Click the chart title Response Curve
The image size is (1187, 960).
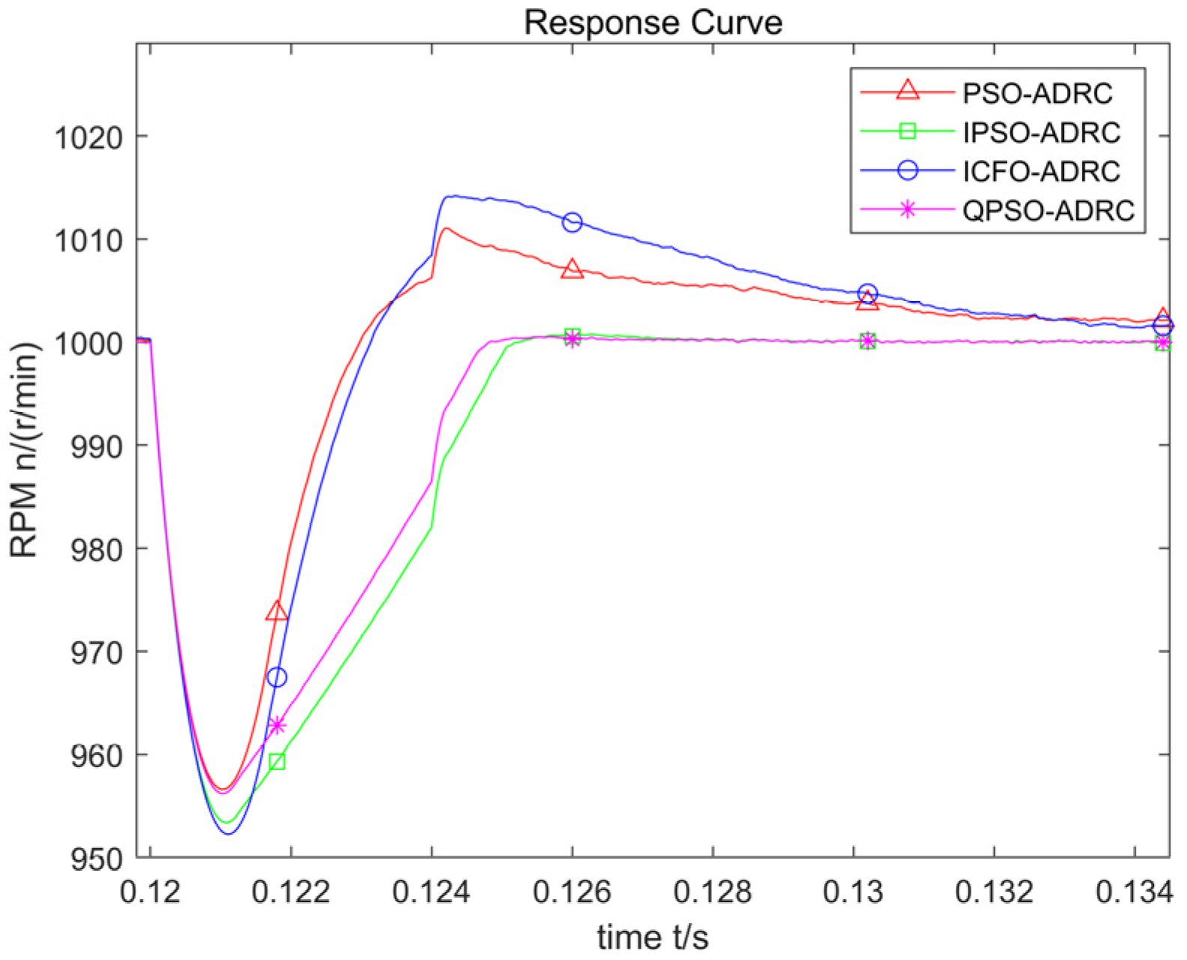[653, 22]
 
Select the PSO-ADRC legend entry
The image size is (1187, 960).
[1037, 94]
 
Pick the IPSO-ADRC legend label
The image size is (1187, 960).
[1041, 133]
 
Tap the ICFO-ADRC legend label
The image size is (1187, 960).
[1041, 172]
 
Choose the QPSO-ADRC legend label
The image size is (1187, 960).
[1048, 211]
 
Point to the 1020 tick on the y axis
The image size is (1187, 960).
[88, 138]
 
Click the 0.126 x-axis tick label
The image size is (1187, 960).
[572, 892]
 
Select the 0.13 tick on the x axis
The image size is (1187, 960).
[853, 892]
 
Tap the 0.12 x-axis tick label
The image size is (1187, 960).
[150, 892]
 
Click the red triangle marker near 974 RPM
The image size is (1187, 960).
[277, 612]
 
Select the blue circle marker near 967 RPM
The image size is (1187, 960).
[277, 678]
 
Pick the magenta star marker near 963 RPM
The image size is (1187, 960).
[277, 726]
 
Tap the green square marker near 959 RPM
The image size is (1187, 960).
[277, 762]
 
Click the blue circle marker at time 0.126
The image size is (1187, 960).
[572, 222]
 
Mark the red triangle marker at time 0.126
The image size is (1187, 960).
[572, 269]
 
